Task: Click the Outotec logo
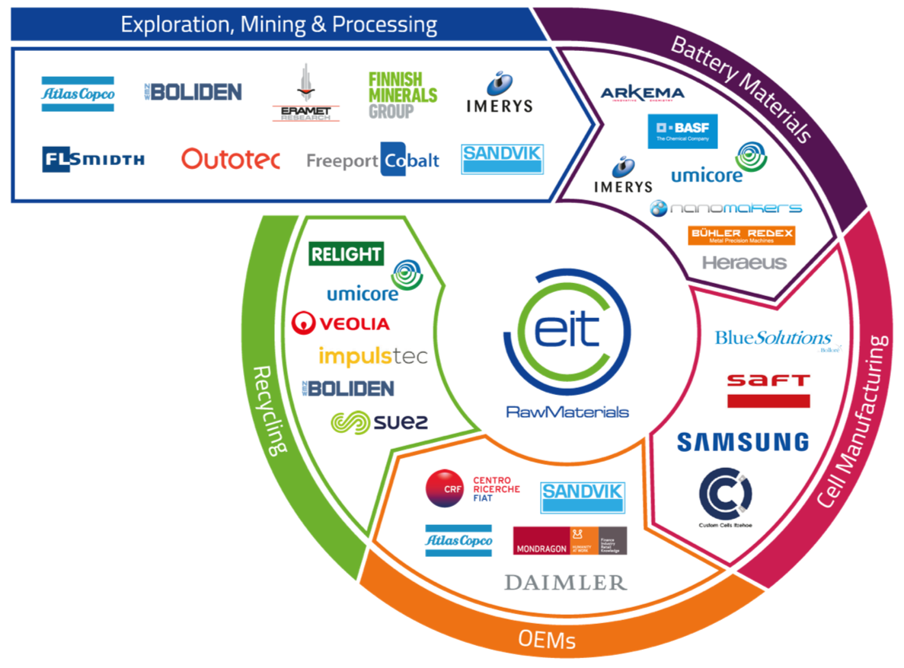tap(231, 159)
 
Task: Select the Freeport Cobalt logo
tap(373, 160)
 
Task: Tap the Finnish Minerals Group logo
tap(403, 95)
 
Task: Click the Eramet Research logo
tap(306, 94)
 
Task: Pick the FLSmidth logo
tap(93, 159)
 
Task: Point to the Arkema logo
tap(642, 94)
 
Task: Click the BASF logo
tap(682, 132)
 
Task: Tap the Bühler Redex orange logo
tap(741, 235)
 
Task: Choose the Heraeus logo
tap(744, 262)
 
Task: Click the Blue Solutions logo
tap(774, 339)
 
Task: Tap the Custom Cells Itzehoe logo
tap(724, 498)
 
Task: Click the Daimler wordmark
tap(565, 583)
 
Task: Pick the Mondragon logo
tap(570, 540)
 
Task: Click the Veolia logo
tap(340, 323)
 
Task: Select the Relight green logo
tap(346, 254)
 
